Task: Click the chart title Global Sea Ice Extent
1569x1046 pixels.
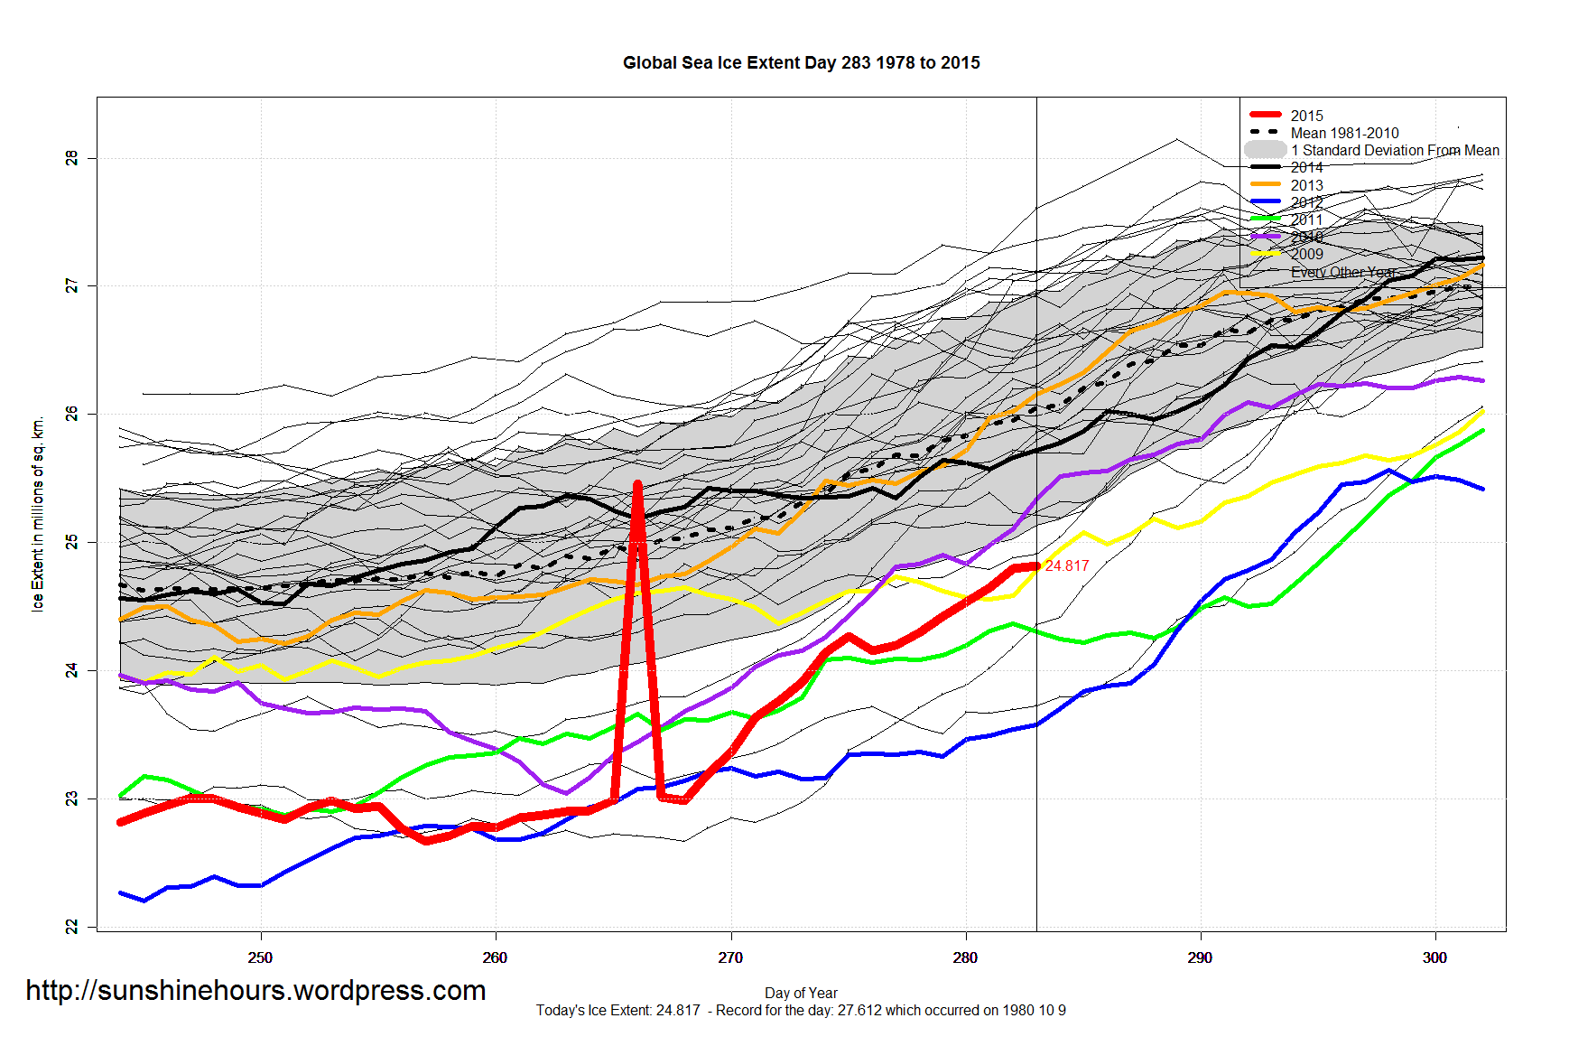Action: pyautogui.click(x=801, y=62)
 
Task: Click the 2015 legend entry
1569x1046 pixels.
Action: pyautogui.click(x=1306, y=116)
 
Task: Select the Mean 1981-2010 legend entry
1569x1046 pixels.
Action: pyautogui.click(x=1344, y=133)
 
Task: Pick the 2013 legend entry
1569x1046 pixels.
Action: pyautogui.click(x=1306, y=185)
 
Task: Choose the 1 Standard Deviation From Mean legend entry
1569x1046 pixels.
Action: pyautogui.click(x=1394, y=150)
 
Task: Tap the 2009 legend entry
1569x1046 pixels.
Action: pyautogui.click(x=1306, y=254)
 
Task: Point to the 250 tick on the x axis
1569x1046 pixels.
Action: pyautogui.click(x=260, y=957)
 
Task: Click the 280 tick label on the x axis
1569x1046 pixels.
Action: pyautogui.click(x=965, y=957)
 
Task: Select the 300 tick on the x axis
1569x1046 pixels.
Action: pyautogui.click(x=1434, y=957)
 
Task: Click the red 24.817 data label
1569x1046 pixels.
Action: pyautogui.click(x=1067, y=565)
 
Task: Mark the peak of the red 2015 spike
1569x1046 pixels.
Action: pyautogui.click(x=637, y=485)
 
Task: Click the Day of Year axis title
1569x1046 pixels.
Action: pyautogui.click(x=801, y=993)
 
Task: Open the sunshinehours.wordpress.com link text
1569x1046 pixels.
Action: pyautogui.click(x=255, y=990)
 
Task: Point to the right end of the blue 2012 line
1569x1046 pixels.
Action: pyautogui.click(x=1482, y=489)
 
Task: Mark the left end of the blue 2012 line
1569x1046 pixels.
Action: pyautogui.click(x=121, y=893)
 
